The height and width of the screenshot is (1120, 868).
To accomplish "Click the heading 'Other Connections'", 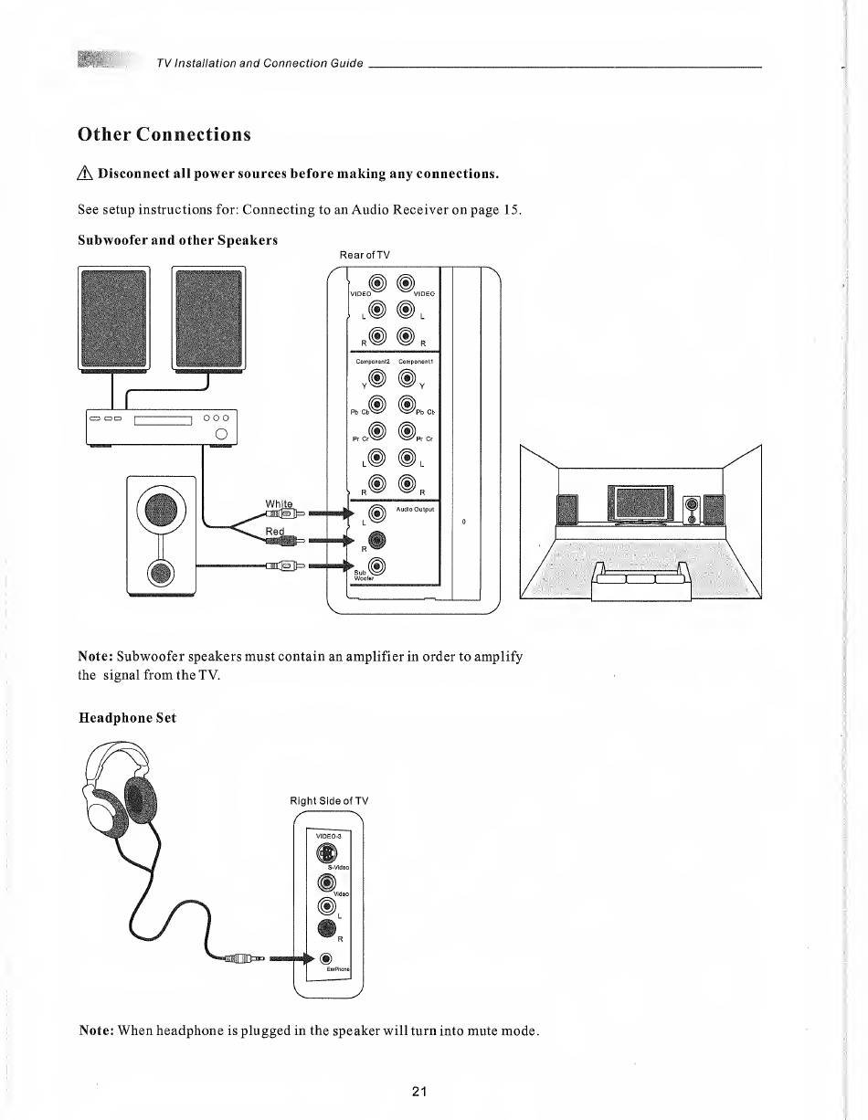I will [x=164, y=134].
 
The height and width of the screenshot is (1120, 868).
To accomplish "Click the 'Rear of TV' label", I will [x=365, y=254].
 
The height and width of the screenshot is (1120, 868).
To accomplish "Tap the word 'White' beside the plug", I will [x=278, y=503].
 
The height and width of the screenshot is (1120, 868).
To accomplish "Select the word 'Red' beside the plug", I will [x=276, y=531].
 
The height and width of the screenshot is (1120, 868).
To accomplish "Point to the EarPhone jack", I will [x=326, y=957].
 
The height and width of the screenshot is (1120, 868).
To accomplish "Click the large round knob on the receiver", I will [x=220, y=433].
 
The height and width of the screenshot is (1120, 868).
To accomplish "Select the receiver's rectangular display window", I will [x=161, y=419].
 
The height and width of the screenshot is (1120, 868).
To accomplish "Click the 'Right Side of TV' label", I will [x=329, y=801].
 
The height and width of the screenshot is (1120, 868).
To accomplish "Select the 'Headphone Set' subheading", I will [x=127, y=718].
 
